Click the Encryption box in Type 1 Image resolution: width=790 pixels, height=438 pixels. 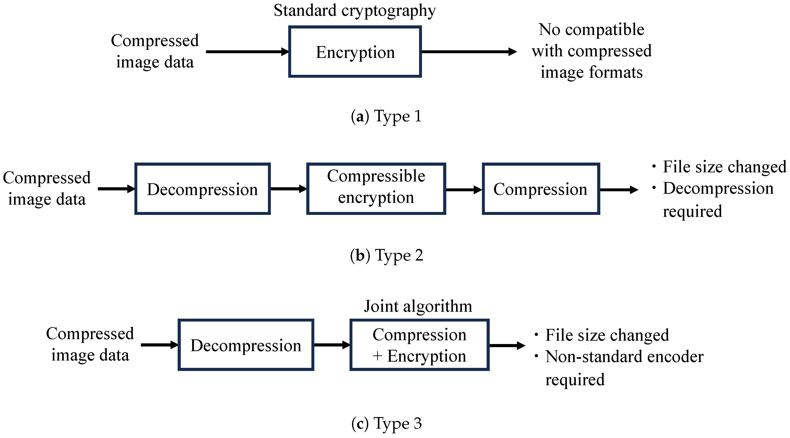[355, 52]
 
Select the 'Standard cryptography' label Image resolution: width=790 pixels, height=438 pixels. [354, 11]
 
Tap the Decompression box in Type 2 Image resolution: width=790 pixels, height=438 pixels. [202, 189]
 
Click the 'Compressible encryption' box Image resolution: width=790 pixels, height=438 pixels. [376, 189]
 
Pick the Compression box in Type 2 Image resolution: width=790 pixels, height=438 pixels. [541, 189]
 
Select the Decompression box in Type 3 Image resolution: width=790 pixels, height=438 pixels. [246, 345]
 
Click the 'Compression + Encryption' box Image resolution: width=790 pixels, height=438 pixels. [419, 345]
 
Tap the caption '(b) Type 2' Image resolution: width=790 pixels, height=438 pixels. [386, 255]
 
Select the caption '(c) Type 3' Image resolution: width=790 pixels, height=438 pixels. [386, 424]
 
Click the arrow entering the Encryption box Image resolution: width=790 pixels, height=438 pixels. [247, 52]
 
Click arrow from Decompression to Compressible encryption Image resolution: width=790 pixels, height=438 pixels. [288, 189]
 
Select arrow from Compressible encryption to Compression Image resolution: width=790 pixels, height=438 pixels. [464, 190]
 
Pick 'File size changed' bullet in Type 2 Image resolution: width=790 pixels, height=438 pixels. [724, 167]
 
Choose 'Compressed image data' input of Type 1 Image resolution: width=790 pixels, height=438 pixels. [155, 51]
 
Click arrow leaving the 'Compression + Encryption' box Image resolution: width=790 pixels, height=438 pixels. [507, 346]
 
